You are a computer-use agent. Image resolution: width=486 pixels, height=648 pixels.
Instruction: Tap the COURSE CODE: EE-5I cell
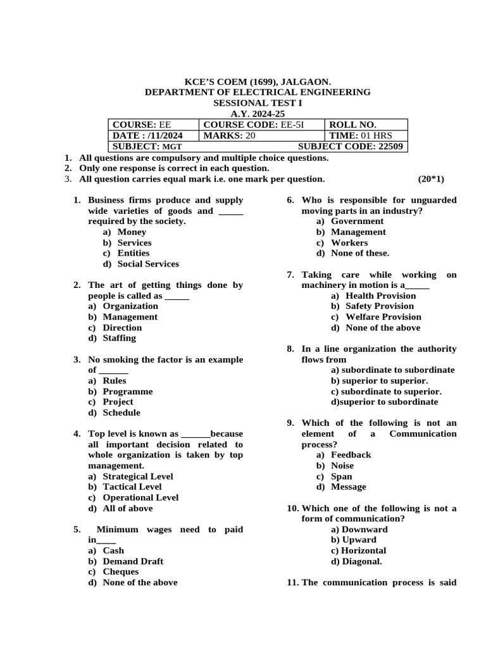coord(254,125)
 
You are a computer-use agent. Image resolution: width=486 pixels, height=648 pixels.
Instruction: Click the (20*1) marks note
coord(431,179)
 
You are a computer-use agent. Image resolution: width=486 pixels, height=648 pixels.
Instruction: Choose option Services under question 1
coord(134,242)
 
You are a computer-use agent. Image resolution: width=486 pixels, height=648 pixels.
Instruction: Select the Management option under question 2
coord(130,316)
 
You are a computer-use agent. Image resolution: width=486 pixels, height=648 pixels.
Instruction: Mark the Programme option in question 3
coord(127,391)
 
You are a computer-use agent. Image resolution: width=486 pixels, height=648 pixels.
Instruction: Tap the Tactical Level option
coord(132,487)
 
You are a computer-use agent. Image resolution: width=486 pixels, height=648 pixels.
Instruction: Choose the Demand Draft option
coord(132,561)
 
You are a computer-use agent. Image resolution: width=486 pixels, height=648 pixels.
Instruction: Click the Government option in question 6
coord(357,221)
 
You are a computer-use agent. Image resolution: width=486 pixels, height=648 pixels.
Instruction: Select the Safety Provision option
coord(379,306)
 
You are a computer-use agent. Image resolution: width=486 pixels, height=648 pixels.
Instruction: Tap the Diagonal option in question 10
coord(361,561)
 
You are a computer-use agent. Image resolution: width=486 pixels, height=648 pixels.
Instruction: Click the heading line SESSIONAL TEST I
coord(258,103)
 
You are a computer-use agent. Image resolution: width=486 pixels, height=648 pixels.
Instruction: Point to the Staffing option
coord(119,338)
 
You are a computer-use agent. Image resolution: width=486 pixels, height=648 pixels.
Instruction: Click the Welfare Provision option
coord(383,316)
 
